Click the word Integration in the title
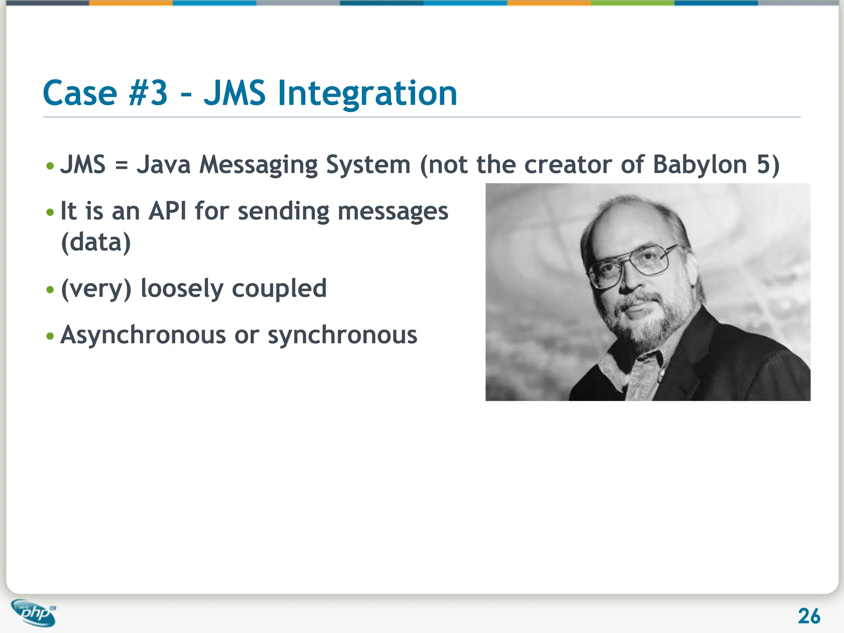[x=367, y=93]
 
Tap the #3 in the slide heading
[x=148, y=93]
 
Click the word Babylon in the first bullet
[x=700, y=164]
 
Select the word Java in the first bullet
[x=164, y=164]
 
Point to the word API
[x=167, y=211]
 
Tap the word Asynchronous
[x=143, y=335]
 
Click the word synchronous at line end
[x=342, y=335]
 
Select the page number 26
[x=809, y=617]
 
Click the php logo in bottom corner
[x=34, y=613]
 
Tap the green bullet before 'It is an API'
[x=50, y=213]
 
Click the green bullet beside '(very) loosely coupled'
[x=50, y=290]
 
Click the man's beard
[x=647, y=326]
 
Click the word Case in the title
[x=80, y=93]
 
